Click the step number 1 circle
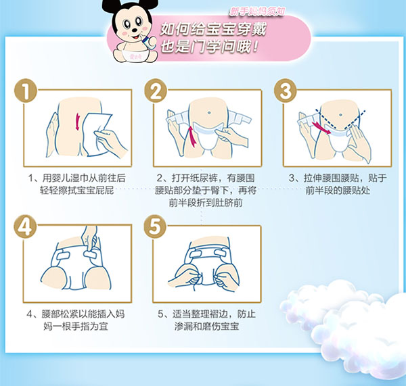coord(25,93)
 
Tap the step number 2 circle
coord(157,93)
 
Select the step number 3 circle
coord(286,93)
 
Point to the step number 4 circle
coord(25,227)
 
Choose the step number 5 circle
coord(157,227)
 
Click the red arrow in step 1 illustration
coord(78,122)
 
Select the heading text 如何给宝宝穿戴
coord(206,30)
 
